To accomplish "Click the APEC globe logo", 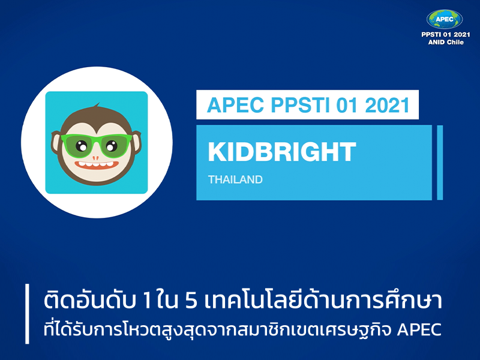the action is click(445, 19).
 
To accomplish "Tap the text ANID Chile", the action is click(446, 42).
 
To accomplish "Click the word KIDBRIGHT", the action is click(282, 152).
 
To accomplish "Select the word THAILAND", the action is click(235, 179).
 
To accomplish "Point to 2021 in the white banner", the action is click(387, 104).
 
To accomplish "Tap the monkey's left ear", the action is click(55, 142).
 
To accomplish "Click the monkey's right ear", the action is click(137, 142).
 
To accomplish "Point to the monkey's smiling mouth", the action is click(97, 164).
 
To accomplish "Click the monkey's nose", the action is click(95, 158).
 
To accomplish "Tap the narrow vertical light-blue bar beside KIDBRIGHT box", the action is click(440, 163).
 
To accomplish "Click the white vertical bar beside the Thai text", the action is click(27, 314).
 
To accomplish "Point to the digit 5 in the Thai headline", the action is click(191, 301).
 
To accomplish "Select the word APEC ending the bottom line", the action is click(419, 329).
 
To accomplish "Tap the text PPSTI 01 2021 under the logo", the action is click(446, 35).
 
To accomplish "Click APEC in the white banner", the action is click(235, 104).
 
